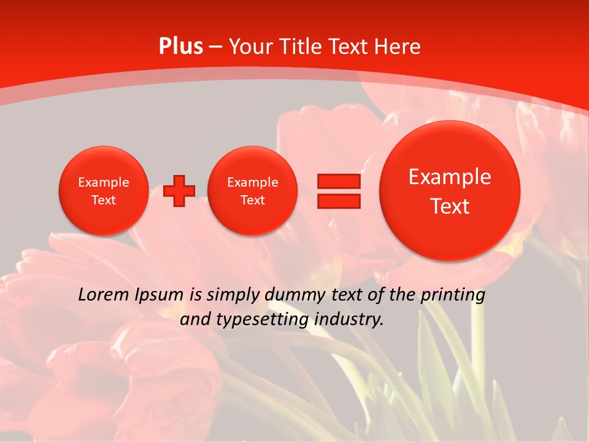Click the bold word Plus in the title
[x=180, y=47]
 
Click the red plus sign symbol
[x=179, y=190]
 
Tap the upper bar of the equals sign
[x=338, y=181]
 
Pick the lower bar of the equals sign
[x=338, y=201]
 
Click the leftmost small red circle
[x=103, y=190]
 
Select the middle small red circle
[x=252, y=190]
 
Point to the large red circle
[x=450, y=191]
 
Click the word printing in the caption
[x=453, y=295]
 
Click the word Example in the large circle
[x=450, y=177]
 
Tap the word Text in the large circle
[x=450, y=206]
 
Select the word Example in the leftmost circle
[x=103, y=182]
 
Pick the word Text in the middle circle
[x=252, y=200]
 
